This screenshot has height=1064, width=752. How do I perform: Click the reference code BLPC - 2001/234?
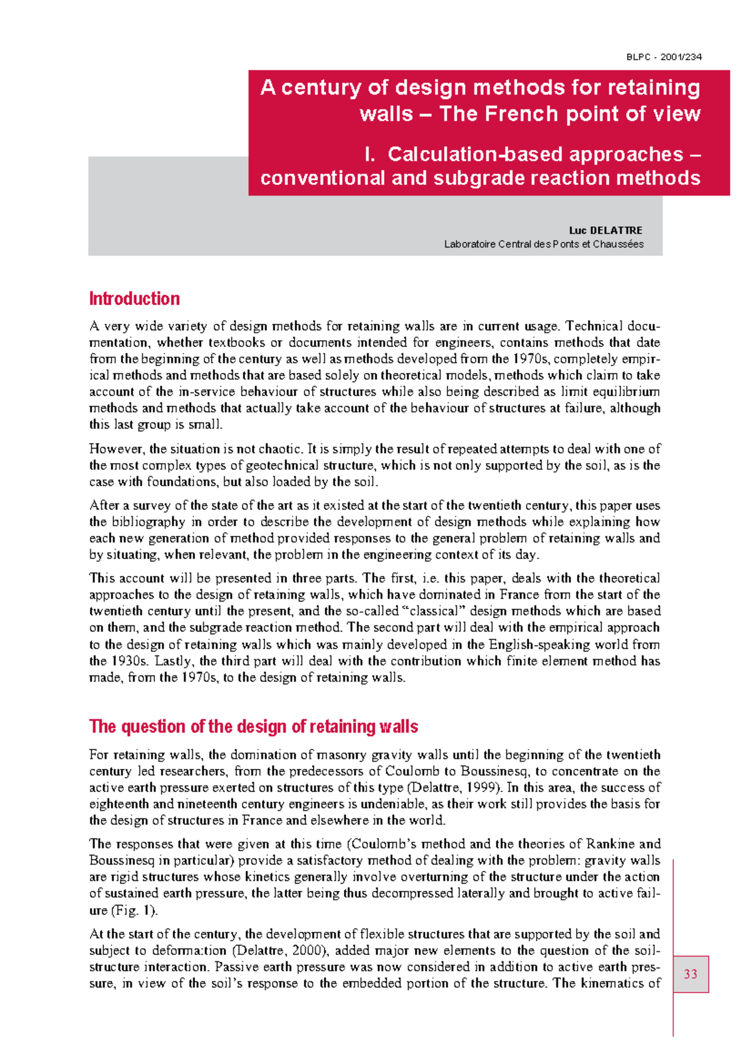(664, 57)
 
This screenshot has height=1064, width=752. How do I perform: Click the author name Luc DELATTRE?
(605, 231)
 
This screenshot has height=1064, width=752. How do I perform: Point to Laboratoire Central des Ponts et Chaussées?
(543, 244)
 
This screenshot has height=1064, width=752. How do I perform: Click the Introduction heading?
(134, 299)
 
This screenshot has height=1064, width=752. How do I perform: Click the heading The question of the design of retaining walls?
(253, 727)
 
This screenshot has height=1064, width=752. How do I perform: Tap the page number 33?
(691, 974)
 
